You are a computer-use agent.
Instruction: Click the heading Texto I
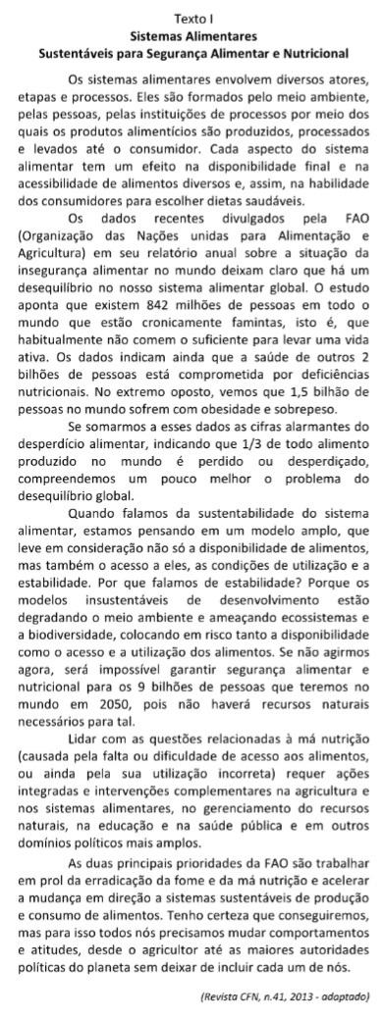(x=191, y=18)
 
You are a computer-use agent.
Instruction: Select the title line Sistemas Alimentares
(x=191, y=32)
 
